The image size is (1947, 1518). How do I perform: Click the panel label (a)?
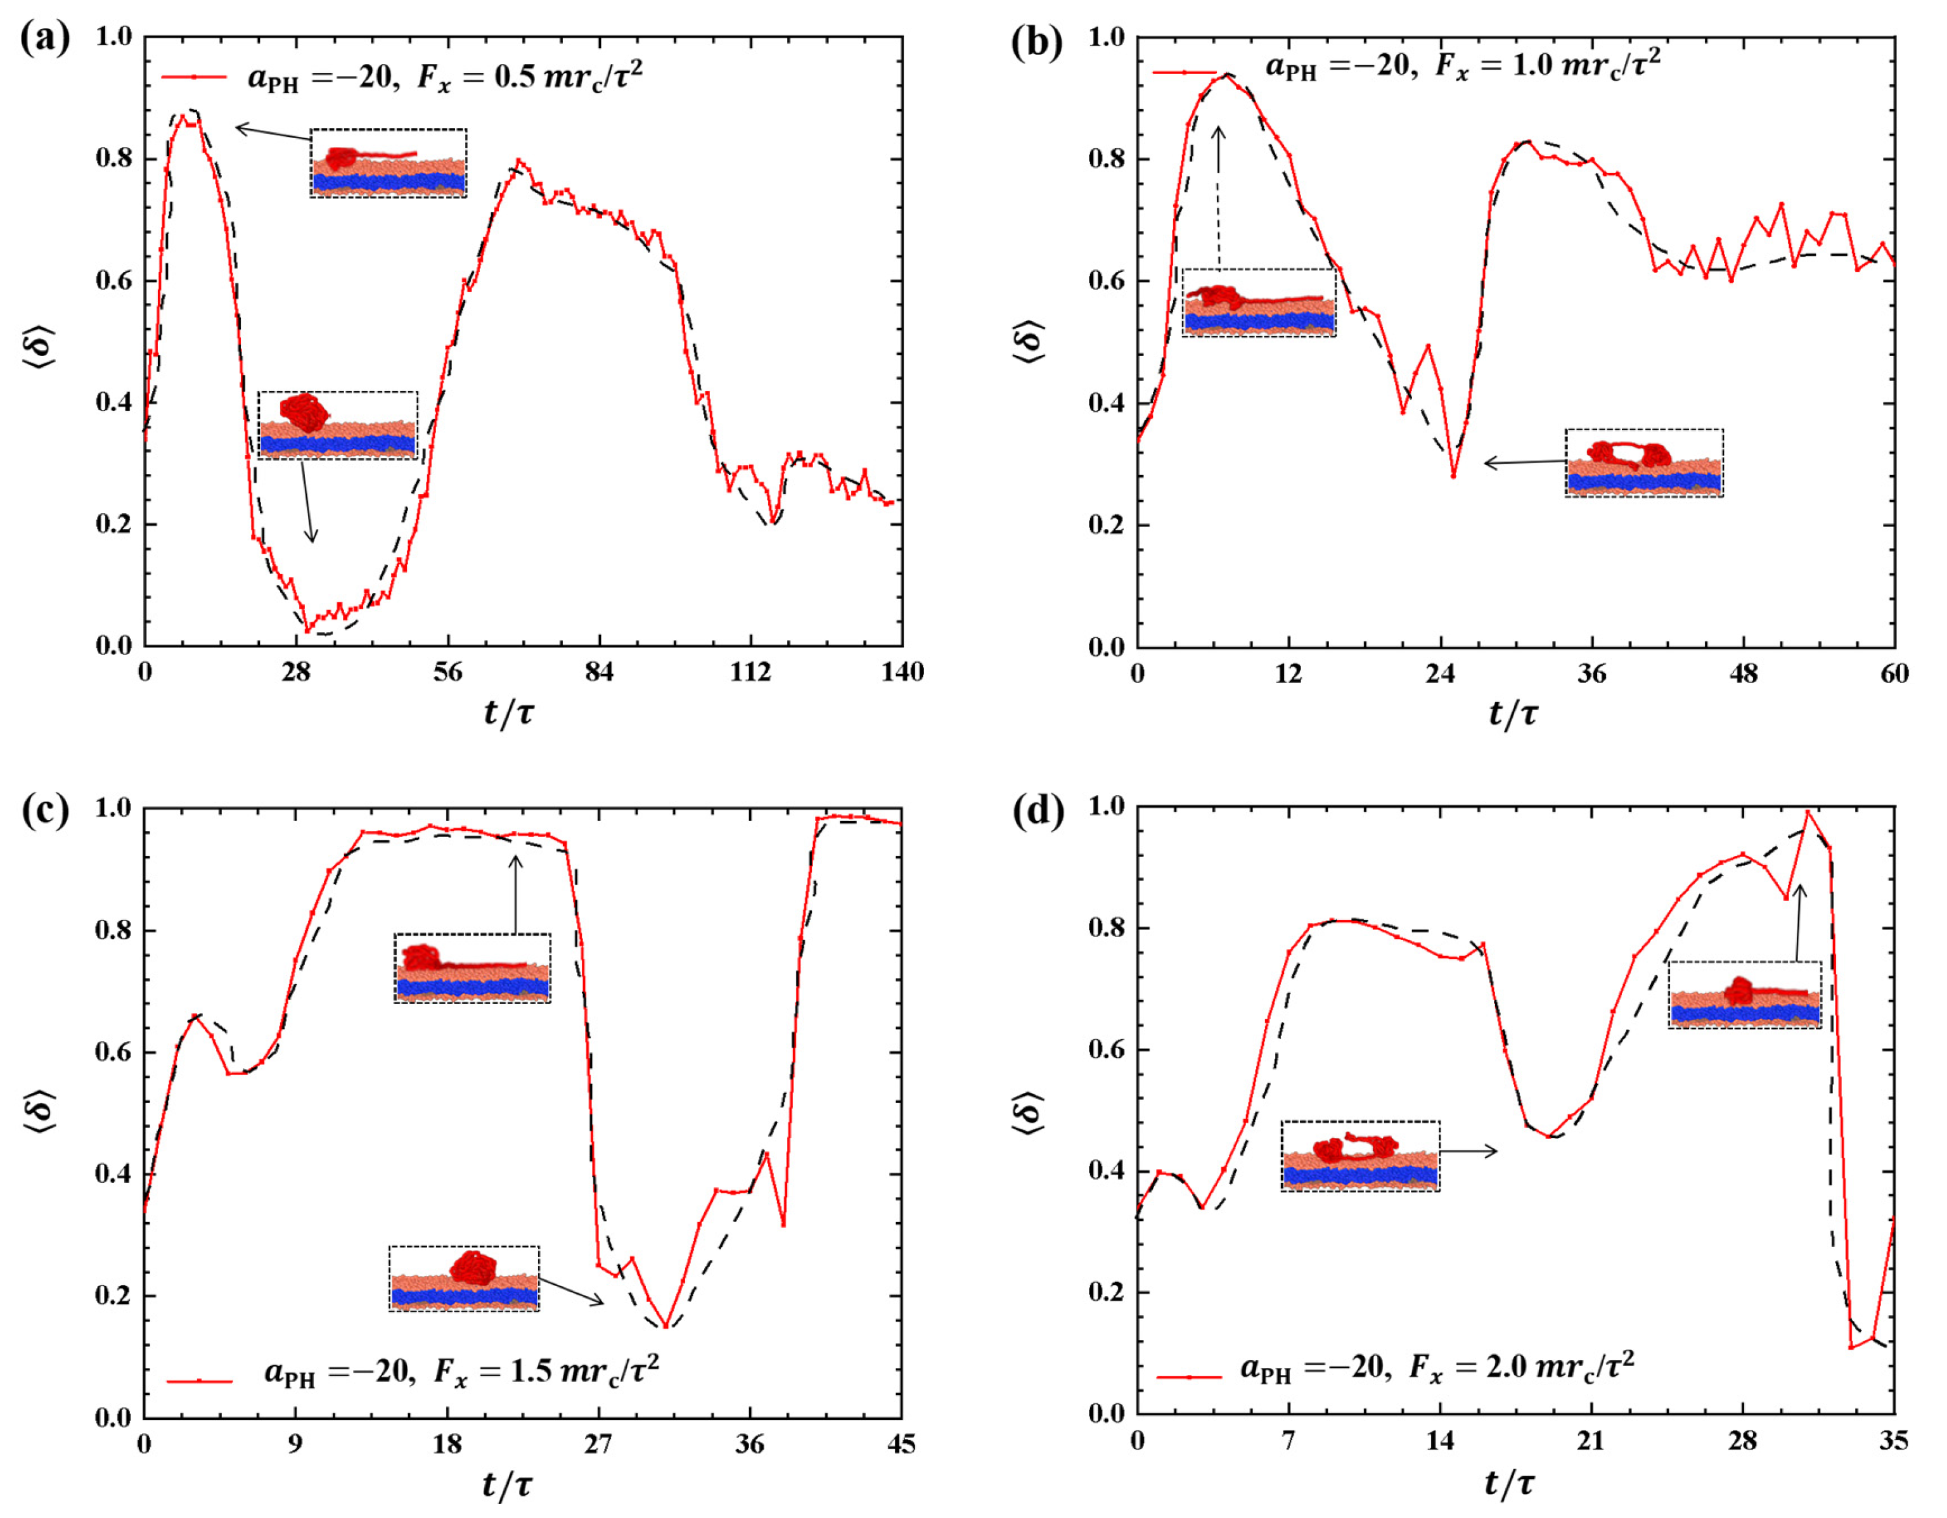pos(44,39)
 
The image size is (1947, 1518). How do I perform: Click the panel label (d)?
pos(1038,812)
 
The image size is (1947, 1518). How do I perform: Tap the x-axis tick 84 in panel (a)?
pos(599,672)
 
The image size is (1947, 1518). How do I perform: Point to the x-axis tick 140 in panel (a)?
pos(902,672)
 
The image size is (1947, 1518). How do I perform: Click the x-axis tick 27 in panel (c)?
pos(598,1444)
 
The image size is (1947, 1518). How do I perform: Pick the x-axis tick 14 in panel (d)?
pos(1440,1441)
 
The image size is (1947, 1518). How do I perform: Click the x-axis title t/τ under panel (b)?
pos(1513,713)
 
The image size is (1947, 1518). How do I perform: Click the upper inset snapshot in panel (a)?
pos(389,163)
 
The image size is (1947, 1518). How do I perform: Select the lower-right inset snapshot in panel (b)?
pos(1644,462)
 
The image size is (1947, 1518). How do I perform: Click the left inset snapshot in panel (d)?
pos(1359,1156)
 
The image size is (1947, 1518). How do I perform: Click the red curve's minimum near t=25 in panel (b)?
pos(1453,476)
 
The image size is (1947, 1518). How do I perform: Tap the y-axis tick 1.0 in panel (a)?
pos(113,37)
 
